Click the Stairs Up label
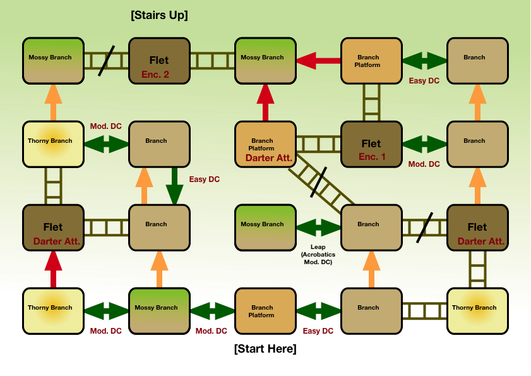(159, 15)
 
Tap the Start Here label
(265, 349)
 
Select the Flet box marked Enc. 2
(159, 61)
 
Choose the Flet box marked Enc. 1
(371, 144)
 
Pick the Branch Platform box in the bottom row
(265, 311)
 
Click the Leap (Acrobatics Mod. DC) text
(318, 254)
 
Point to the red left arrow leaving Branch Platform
(318, 61)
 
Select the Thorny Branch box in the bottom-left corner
(53, 311)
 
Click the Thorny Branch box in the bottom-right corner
(477, 311)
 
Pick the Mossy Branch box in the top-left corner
(53, 61)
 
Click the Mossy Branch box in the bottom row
(159, 311)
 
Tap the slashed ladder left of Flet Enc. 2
(106, 61)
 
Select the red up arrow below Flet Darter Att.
(53, 269)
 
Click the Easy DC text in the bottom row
(318, 331)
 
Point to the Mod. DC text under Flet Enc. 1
(424, 164)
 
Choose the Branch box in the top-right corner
(477, 61)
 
